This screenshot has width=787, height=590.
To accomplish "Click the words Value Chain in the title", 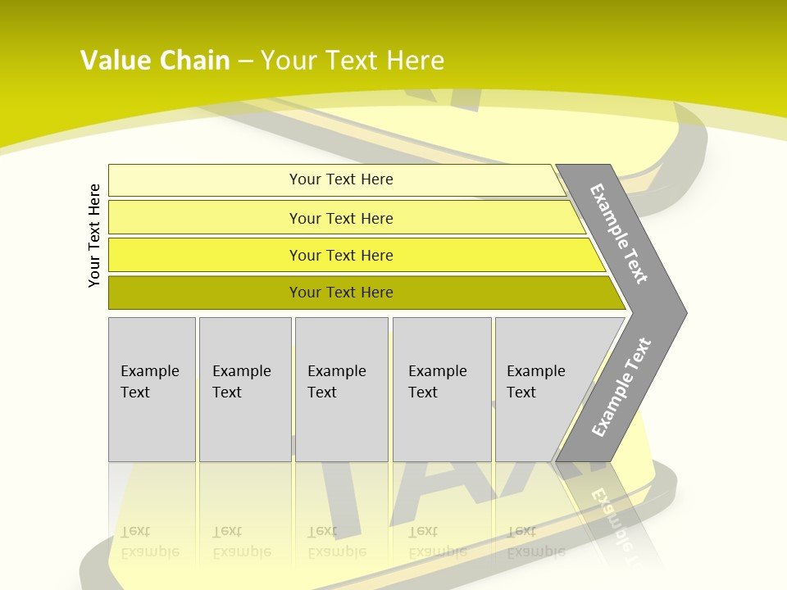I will pyautogui.click(x=155, y=61).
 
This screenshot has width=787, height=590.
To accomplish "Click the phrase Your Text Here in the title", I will pyautogui.click(x=353, y=61).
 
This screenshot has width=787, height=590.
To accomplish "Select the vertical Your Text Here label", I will pyautogui.click(x=94, y=235).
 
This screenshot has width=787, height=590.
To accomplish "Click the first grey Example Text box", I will pyautogui.click(x=152, y=426).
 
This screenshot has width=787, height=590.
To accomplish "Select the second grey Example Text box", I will pyautogui.click(x=244, y=426).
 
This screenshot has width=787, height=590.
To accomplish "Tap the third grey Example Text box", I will pyautogui.click(x=341, y=426).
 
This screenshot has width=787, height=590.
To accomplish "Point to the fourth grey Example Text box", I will pyautogui.click(x=441, y=426).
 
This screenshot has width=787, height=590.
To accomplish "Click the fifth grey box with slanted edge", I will pyautogui.click(x=537, y=426).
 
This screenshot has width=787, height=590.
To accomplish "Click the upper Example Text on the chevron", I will pyautogui.click(x=619, y=234).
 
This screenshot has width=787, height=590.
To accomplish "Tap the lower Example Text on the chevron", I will pyautogui.click(x=621, y=388).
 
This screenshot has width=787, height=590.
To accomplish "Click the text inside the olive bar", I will pyautogui.click(x=341, y=293).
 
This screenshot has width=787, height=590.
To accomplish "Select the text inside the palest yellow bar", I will pyautogui.click(x=341, y=179).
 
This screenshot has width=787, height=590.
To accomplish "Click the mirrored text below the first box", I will pyautogui.click(x=149, y=542).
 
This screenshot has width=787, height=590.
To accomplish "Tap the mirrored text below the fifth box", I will pyautogui.click(x=535, y=542).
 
